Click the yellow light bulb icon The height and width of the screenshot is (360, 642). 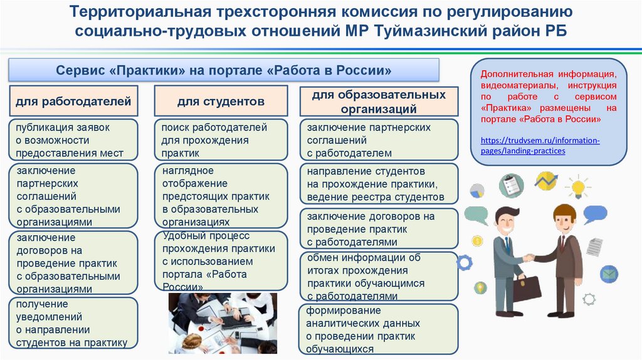click(577, 186)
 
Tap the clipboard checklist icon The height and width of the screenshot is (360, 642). click(511, 186)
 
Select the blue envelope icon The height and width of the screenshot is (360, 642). click(609, 274)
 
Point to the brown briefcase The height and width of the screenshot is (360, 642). click(527, 287)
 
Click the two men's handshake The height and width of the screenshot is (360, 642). click(529, 257)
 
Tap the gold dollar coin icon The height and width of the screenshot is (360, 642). click(477, 241)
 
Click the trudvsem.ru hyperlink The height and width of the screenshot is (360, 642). click(540, 146)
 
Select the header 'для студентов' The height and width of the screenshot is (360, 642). click(221, 101)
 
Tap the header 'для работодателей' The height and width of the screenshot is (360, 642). click(73, 100)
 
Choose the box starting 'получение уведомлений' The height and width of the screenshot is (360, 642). click(73, 323)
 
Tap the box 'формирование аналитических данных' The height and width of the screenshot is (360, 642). click(379, 330)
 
